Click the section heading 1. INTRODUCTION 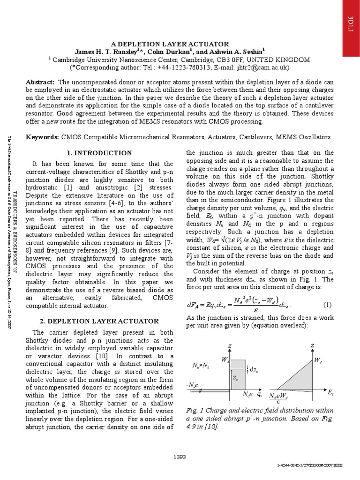[x=99, y=153]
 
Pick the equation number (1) [x=327, y=305]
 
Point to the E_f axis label [x=330, y=391]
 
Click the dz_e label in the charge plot [x=253, y=369]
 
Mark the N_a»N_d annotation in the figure [x=201, y=365]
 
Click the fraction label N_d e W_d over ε [x=280, y=398]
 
